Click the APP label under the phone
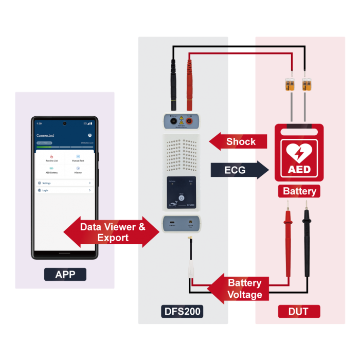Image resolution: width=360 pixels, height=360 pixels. [x=65, y=275]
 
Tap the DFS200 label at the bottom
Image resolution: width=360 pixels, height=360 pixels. [x=182, y=311]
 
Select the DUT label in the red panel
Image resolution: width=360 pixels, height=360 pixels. [x=299, y=311]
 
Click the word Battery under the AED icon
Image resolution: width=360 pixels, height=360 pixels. [x=299, y=191]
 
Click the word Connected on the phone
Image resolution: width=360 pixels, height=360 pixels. [x=45, y=135]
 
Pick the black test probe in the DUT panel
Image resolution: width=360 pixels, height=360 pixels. [x=307, y=237]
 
